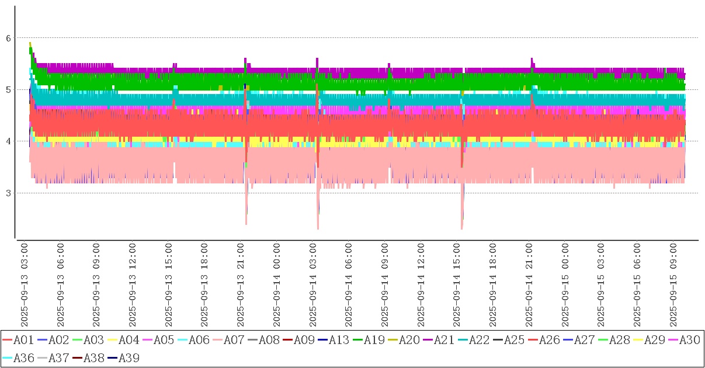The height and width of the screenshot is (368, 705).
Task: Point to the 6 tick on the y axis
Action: coord(9,38)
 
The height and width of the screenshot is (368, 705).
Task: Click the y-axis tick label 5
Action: coord(9,90)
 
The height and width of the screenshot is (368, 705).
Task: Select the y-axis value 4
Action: coord(9,141)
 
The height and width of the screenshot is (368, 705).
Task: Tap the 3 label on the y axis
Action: coord(9,193)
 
